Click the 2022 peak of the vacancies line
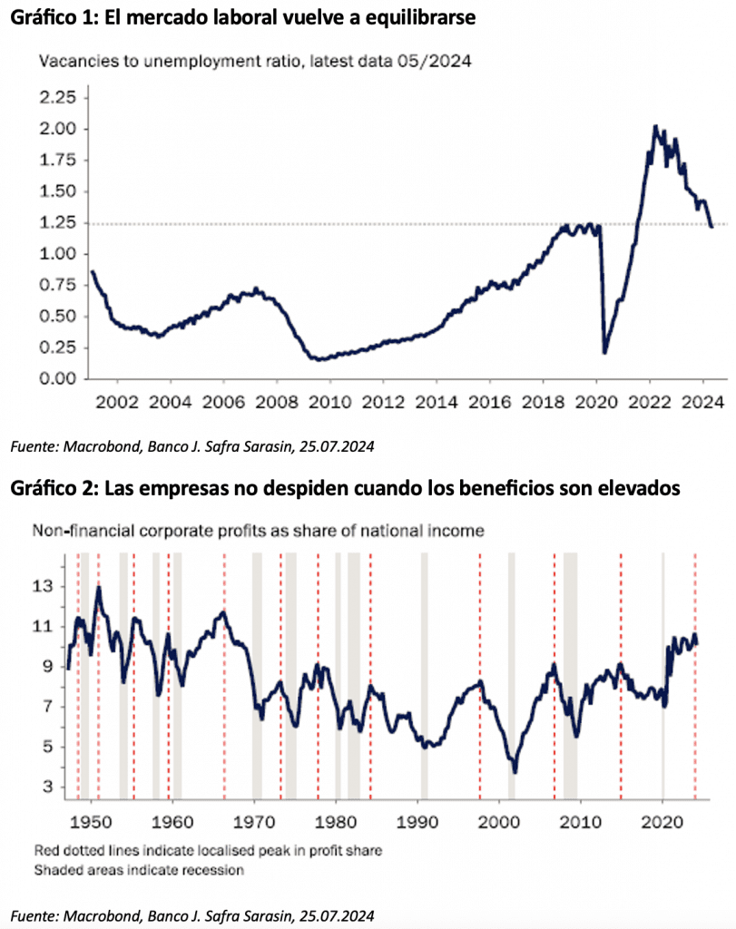(x=655, y=127)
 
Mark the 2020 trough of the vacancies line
(x=604, y=352)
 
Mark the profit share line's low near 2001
(x=515, y=771)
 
